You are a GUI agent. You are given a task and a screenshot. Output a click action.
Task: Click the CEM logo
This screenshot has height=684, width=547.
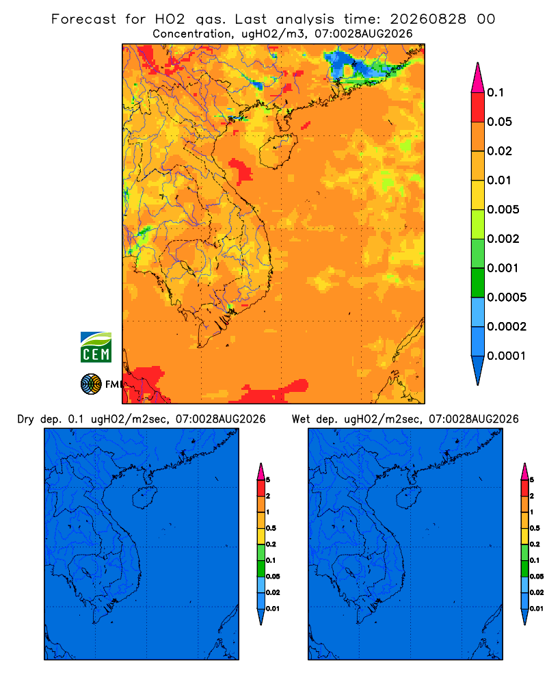(96, 347)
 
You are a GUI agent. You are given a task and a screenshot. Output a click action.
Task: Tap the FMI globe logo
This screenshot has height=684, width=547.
(91, 384)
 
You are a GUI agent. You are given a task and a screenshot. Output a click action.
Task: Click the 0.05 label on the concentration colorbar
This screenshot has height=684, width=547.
(499, 122)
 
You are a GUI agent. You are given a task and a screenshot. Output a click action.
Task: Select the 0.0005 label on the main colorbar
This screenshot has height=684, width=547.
(507, 298)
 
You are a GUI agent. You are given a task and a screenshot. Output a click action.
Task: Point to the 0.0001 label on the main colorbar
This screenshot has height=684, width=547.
(507, 356)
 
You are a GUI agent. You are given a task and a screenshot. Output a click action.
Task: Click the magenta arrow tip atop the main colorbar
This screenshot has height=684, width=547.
(478, 77)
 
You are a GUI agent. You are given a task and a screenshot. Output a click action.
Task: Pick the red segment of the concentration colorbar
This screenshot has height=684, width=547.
(478, 107)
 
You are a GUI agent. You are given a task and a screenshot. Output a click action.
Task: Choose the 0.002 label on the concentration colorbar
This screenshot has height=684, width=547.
(503, 239)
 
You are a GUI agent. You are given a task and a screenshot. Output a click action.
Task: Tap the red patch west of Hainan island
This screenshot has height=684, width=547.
(241, 170)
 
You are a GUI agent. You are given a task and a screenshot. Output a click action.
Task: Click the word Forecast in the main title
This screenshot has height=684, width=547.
(83, 19)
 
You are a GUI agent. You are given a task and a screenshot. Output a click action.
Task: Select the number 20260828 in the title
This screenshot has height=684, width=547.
(428, 19)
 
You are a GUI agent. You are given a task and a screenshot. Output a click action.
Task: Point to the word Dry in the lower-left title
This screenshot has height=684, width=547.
(26, 419)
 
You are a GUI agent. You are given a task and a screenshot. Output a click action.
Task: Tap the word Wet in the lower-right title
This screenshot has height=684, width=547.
(302, 419)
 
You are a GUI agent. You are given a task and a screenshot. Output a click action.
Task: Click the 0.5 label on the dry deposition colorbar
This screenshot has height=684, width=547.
(271, 528)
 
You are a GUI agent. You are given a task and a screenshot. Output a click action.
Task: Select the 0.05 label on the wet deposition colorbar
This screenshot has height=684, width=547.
(537, 577)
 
